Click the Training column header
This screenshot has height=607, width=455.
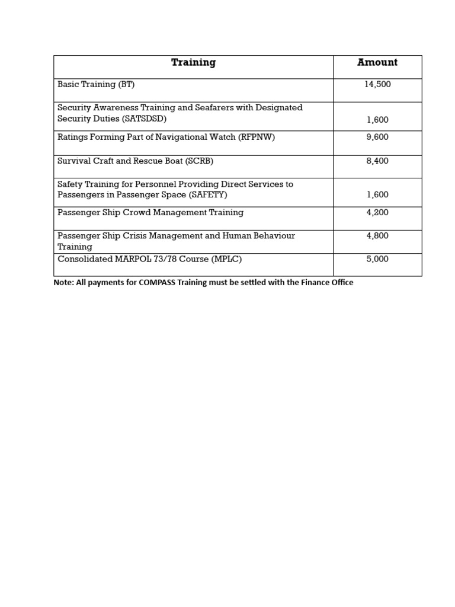coord(193,63)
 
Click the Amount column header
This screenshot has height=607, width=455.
coord(377,63)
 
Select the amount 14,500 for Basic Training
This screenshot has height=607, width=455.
coord(377,85)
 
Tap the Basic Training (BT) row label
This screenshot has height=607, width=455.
coord(96,85)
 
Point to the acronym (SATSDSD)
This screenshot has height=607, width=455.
coord(142,119)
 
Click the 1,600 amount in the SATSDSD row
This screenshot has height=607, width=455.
coord(377,120)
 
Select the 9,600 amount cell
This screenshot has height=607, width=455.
coord(377,138)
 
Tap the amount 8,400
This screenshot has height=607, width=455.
coord(377,161)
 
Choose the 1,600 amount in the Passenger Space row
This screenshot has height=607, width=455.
coord(377,195)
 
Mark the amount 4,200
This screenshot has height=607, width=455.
coord(377,213)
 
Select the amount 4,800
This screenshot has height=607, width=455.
coord(377,236)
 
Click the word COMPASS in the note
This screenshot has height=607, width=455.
coord(156,283)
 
